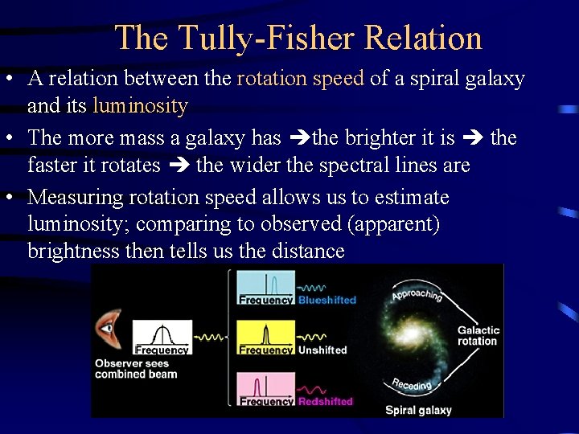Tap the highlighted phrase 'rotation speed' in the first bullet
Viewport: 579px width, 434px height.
[301, 79]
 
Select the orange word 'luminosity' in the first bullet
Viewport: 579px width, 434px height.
[140, 105]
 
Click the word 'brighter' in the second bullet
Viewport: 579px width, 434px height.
[381, 138]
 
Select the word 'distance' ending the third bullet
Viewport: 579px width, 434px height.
[308, 251]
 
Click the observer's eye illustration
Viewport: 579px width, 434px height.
[107, 329]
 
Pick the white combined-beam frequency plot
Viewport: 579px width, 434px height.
[162, 337]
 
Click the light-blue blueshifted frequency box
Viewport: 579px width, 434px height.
[266, 288]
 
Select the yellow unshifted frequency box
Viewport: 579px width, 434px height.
[266, 338]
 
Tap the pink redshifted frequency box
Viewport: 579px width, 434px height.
[266, 389]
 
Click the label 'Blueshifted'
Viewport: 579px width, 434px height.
[326, 300]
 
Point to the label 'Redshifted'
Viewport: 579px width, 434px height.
[326, 401]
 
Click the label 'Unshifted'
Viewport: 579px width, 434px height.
[322, 350]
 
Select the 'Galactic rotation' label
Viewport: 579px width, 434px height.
[478, 335]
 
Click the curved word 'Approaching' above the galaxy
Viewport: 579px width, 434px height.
[417, 294]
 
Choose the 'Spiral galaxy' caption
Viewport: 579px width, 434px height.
[418, 410]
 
